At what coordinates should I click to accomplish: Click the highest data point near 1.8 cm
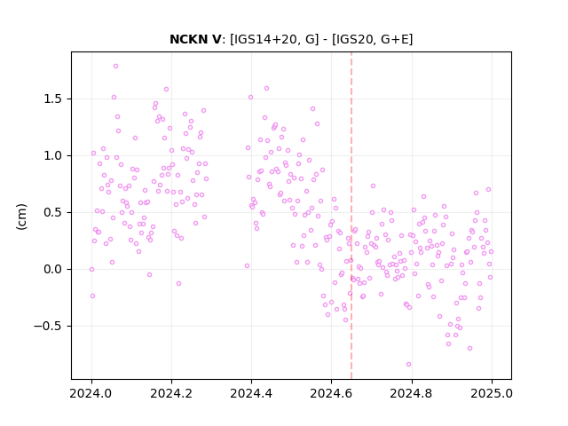point(116,67)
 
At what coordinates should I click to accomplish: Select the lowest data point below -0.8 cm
point(408,365)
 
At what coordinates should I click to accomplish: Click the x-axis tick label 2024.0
point(91,393)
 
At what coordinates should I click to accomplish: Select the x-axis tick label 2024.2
point(171,393)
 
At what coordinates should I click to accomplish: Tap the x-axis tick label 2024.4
point(251,393)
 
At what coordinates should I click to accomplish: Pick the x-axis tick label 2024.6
point(331,393)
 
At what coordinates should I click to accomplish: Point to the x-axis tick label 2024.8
point(412,393)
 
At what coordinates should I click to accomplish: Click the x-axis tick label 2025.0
point(492,393)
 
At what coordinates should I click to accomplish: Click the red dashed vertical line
point(351,216)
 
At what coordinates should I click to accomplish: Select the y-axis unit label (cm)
point(21,217)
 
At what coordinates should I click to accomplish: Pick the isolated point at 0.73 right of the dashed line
point(373,186)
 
